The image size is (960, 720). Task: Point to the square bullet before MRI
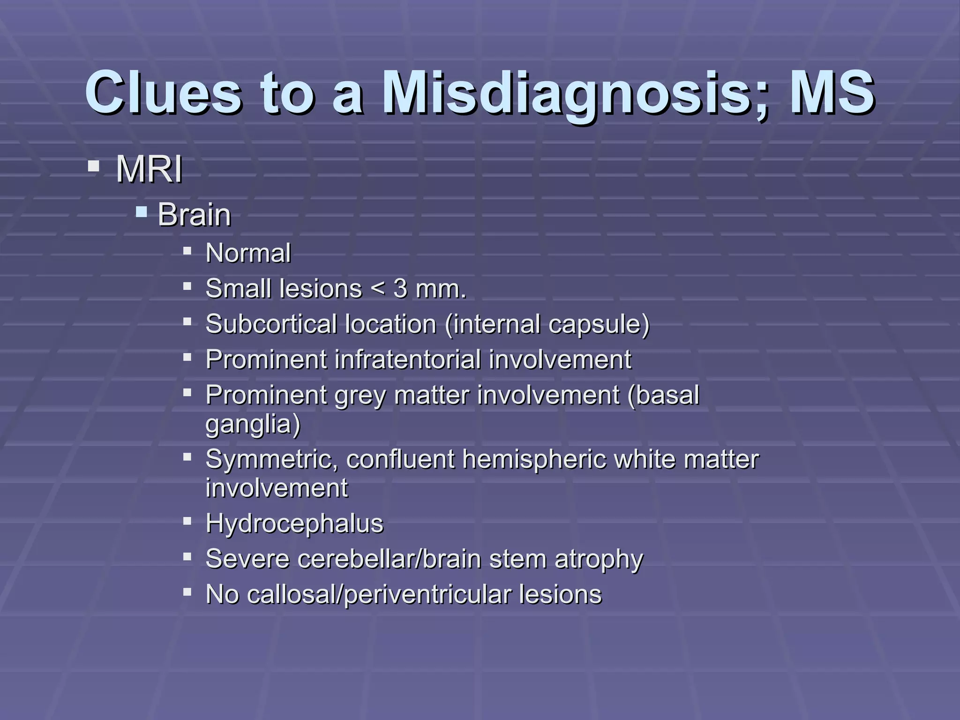coord(93,166)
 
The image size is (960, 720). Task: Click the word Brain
coord(194,215)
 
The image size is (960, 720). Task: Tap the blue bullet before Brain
coord(141,213)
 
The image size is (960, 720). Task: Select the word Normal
coord(248,254)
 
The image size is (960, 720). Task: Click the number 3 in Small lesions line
coord(400,288)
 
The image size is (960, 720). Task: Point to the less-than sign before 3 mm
coord(377,289)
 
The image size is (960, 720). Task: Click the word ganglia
coord(253,425)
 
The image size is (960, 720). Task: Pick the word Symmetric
coord(271,459)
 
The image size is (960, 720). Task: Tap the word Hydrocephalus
coord(294,524)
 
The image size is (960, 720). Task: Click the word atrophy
coord(599,560)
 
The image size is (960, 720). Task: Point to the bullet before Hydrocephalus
coord(187,521)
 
